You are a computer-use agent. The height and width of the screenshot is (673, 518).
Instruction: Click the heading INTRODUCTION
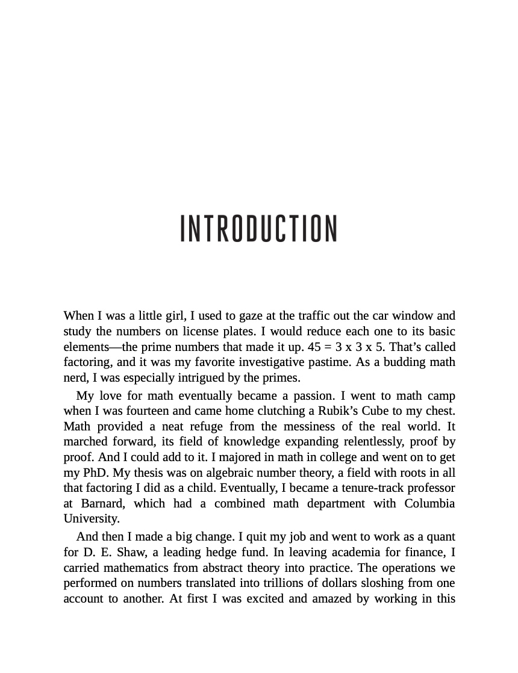[x=259, y=228]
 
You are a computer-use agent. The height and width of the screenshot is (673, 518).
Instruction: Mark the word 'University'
[x=91, y=519]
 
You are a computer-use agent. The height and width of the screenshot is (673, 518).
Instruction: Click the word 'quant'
[x=441, y=537]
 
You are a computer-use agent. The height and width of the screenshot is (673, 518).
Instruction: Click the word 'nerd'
[x=75, y=378]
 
